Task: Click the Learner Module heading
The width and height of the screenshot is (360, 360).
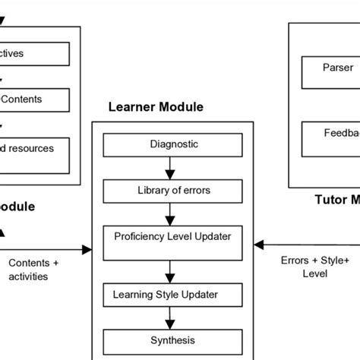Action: tap(156, 107)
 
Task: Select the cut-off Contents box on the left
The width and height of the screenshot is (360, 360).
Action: tap(34, 99)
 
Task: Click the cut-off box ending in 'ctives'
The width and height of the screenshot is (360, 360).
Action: tap(34, 54)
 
